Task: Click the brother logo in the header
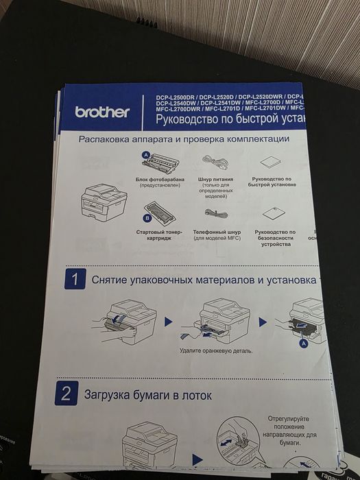click(102, 112)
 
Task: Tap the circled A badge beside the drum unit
click(145, 155)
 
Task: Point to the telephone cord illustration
click(215, 213)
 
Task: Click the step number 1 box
click(74, 279)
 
